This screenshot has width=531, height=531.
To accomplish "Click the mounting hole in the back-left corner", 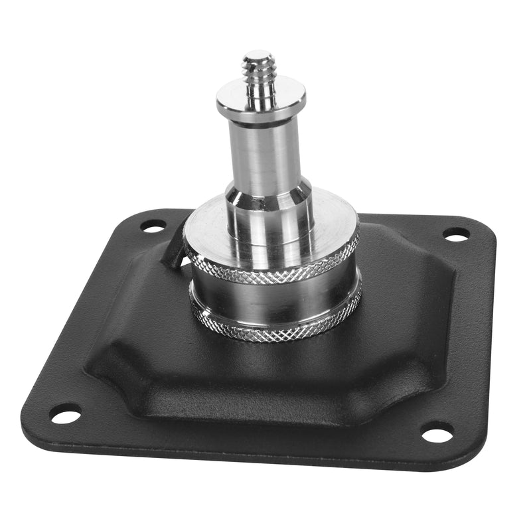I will [x=153, y=228].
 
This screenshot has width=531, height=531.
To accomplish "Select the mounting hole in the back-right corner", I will [x=456, y=234].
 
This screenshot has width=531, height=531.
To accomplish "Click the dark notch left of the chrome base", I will [x=174, y=252].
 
